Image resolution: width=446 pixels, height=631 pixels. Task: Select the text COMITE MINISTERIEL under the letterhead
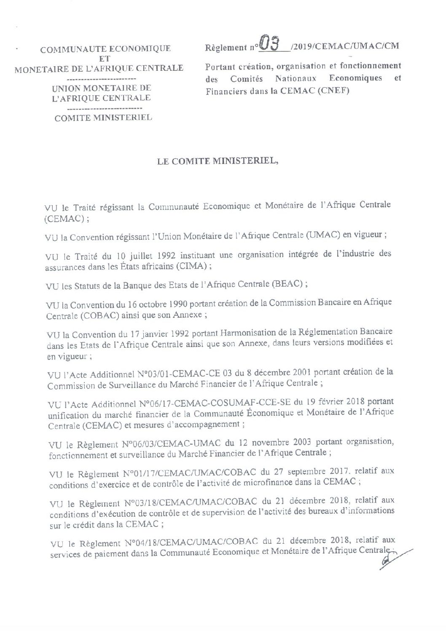coord(103,118)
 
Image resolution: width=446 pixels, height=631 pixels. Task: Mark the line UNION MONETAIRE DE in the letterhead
coord(101,89)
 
